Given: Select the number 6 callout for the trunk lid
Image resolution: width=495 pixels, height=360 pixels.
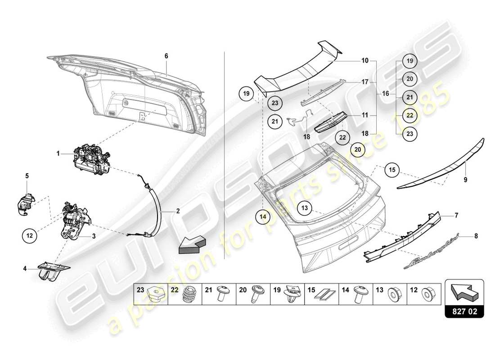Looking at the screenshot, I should (x=166, y=56).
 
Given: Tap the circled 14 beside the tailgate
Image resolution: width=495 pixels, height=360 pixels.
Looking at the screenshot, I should (x=263, y=216).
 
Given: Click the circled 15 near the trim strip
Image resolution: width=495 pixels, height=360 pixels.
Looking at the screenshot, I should (x=392, y=170).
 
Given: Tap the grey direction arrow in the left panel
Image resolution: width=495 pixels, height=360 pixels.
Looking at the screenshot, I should (x=191, y=245).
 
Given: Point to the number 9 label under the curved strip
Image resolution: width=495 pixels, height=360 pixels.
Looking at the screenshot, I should (x=465, y=180).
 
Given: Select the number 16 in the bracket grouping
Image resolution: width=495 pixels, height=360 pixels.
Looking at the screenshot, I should (x=385, y=94).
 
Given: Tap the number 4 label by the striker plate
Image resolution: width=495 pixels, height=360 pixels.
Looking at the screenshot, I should (x=26, y=269).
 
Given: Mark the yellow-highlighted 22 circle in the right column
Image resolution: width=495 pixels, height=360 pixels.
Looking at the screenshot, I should (x=410, y=115).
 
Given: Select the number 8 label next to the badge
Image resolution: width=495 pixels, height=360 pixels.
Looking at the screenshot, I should (x=476, y=235).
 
